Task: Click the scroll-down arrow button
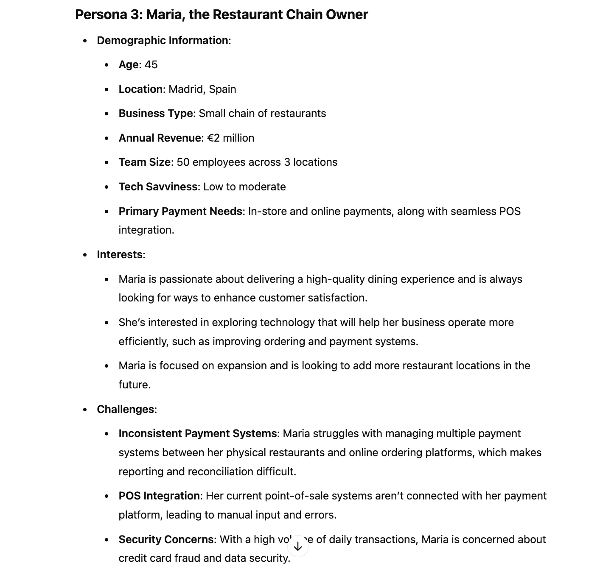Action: [x=298, y=546]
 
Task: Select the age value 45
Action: [x=151, y=65]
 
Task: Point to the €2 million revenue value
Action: [x=230, y=138]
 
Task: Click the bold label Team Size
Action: [x=145, y=162]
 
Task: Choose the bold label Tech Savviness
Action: [x=158, y=187]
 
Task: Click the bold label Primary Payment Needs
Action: [x=180, y=212]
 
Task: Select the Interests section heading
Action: [x=120, y=255]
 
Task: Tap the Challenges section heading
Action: [x=126, y=410]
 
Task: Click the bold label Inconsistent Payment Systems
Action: [x=198, y=434]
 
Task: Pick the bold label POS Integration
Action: [x=159, y=496]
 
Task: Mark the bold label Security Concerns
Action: [x=166, y=540]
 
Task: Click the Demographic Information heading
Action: [x=163, y=41]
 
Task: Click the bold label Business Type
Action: [x=156, y=114]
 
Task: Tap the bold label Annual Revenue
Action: [x=160, y=138]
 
